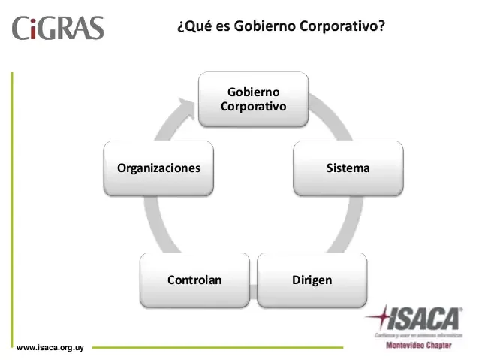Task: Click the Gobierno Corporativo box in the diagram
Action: pos(253,98)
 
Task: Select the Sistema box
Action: pos(348,168)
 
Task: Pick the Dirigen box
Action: pos(312,280)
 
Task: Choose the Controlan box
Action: pos(194,280)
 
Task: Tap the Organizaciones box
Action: pos(158,168)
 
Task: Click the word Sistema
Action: pos(348,168)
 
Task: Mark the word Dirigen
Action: pos(312,280)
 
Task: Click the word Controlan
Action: pos(194,280)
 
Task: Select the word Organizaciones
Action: pos(158,168)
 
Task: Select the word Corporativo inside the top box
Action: pos(253,106)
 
